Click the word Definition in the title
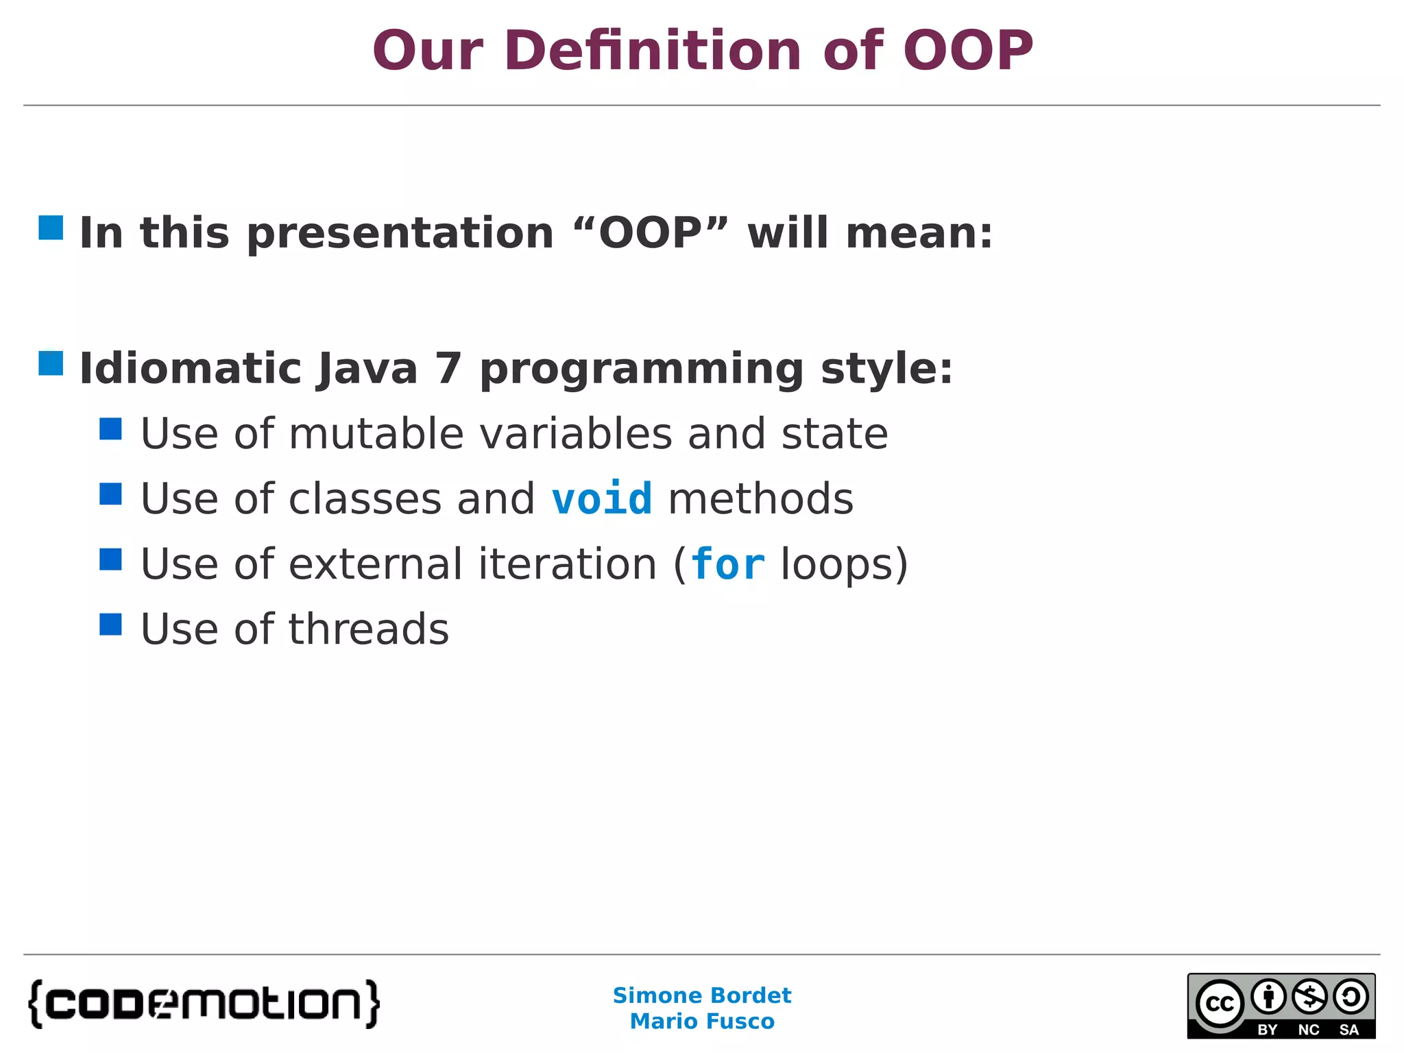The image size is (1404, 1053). (x=652, y=51)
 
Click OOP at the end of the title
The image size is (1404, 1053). (x=967, y=51)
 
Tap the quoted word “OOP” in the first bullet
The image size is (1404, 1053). (x=651, y=233)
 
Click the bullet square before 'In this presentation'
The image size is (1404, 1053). (x=51, y=228)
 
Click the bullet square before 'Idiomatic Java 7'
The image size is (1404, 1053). (x=51, y=363)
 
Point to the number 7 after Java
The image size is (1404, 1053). (x=448, y=369)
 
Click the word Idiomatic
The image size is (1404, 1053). (x=190, y=369)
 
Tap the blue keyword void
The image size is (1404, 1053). (x=601, y=498)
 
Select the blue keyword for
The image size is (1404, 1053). (x=727, y=564)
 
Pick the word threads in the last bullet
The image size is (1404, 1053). (x=368, y=629)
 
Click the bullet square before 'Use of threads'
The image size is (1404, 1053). (x=110, y=625)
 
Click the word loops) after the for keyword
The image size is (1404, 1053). (x=844, y=565)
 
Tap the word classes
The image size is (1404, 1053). (x=365, y=499)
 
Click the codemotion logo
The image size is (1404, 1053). (x=204, y=1004)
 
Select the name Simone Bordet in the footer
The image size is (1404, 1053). (x=701, y=995)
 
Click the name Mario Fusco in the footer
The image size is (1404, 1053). (x=701, y=1021)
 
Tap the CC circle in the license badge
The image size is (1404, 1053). (x=1220, y=1004)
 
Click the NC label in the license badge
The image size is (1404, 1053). (x=1308, y=1030)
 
